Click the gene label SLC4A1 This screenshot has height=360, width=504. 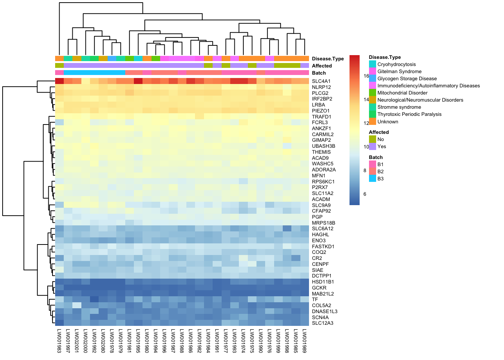(x=321, y=81)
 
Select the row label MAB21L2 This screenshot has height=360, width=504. (x=322, y=294)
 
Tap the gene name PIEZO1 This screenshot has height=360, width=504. (x=321, y=111)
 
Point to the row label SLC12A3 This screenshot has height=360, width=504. (x=322, y=323)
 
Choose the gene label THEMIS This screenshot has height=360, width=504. (x=321, y=152)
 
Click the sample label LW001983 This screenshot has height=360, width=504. (x=59, y=341)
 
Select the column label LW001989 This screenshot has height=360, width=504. (x=304, y=341)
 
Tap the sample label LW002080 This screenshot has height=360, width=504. (x=103, y=341)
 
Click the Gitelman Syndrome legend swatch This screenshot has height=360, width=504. (x=372, y=71)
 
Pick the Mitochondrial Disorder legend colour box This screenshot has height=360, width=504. (x=372, y=93)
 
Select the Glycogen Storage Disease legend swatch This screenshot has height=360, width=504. (x=372, y=78)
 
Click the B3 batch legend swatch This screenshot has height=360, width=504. (x=372, y=178)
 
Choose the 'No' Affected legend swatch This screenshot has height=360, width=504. (x=372, y=139)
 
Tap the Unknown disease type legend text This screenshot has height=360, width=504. (x=388, y=122)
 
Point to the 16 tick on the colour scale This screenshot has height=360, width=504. (x=366, y=76)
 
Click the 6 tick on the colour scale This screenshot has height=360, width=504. (x=365, y=194)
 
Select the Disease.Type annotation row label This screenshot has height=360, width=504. (x=328, y=59)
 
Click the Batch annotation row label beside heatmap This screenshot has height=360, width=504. (x=319, y=73)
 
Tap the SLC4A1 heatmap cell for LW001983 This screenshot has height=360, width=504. (x=59, y=81)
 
